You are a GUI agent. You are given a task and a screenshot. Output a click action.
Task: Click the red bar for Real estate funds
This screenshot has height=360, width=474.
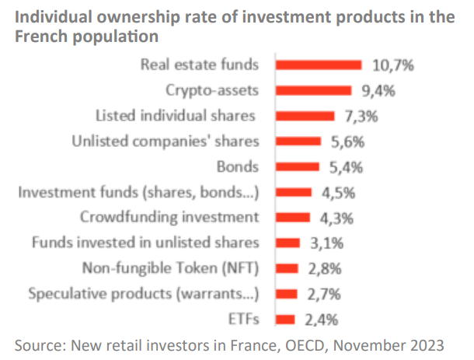coord(319,65)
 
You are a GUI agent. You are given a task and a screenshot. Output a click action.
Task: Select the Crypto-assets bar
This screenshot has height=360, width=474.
coord(315,91)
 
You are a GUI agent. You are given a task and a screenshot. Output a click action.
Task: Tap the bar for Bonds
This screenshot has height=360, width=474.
coord(298,166)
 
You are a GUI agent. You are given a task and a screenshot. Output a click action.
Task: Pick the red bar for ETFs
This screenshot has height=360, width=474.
coord(286,319)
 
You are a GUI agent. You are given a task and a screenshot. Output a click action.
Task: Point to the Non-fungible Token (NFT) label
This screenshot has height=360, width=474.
coord(170,268)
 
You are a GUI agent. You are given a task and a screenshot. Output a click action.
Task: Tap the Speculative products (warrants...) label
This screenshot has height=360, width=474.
coord(142,294)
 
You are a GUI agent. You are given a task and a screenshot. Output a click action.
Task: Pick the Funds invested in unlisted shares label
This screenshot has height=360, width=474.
coord(145,243)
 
